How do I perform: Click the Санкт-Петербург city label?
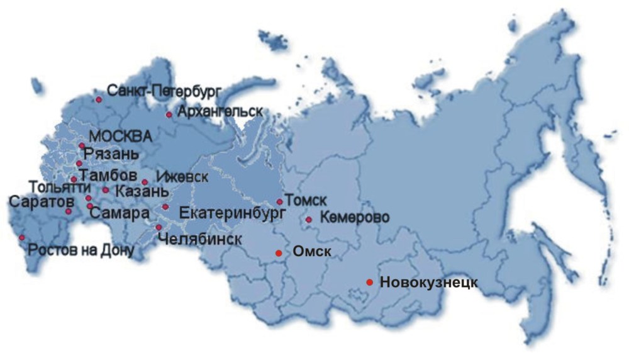coord(164,92)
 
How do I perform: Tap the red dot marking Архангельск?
coord(169,115)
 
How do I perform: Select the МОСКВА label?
coord(121,137)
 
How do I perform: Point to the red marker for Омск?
coord(278,253)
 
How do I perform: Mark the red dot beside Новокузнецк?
coord(369,282)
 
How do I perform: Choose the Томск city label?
coord(306,200)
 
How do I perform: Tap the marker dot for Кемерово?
coord(308,220)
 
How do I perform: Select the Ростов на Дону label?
coord(80,251)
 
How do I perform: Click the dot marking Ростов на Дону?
coord(22,237)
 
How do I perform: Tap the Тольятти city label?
coord(55,187)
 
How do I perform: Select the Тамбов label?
coord(109,173)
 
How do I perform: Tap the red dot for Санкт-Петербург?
coord(99,99)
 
